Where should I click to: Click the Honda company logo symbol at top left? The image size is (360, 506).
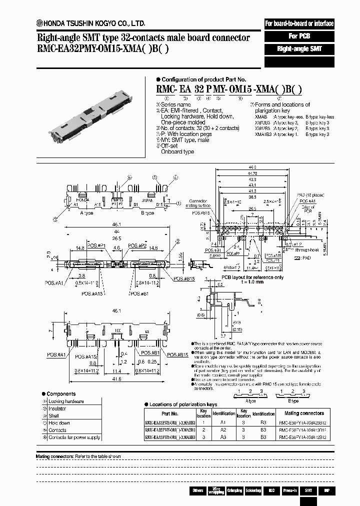[x=38, y=23]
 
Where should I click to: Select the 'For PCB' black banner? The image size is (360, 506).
[x=299, y=36]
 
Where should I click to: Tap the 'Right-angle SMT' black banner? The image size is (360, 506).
[x=299, y=49]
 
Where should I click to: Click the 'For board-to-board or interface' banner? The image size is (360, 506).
[x=299, y=23]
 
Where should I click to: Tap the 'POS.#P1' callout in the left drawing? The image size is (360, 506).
[x=91, y=245]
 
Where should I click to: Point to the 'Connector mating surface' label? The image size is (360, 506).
[x=198, y=202]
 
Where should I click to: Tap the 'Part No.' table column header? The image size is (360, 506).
[x=170, y=413]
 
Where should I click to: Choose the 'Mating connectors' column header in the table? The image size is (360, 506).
[x=304, y=413]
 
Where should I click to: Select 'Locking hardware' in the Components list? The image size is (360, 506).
[x=66, y=401]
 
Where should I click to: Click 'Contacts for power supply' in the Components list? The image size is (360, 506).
[x=74, y=437]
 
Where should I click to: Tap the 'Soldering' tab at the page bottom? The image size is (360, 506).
[x=252, y=490]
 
